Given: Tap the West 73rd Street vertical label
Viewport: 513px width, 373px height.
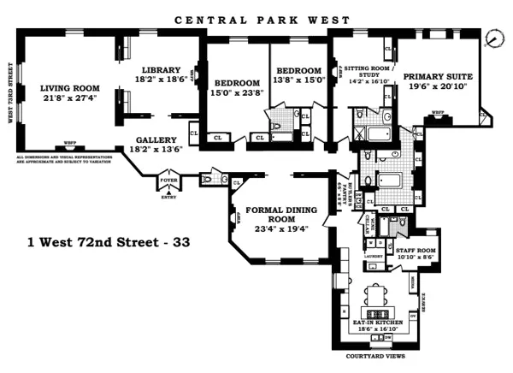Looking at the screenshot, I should point(10,92).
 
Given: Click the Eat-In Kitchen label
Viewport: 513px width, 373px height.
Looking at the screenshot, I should point(374,323).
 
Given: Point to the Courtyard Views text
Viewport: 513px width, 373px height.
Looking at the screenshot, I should point(374,356).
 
